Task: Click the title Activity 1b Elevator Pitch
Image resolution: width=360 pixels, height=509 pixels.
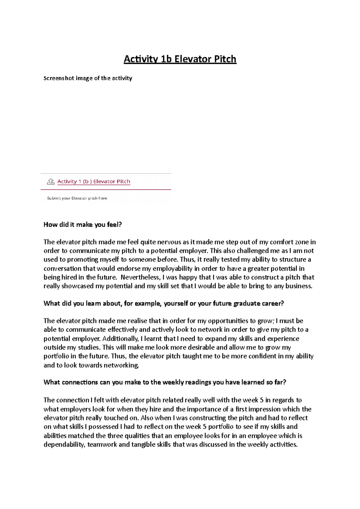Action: pyautogui.click(x=180, y=59)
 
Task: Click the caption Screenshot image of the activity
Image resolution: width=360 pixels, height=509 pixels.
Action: pyautogui.click(x=88, y=78)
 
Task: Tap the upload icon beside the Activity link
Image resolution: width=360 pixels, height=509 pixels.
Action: pyautogui.click(x=51, y=181)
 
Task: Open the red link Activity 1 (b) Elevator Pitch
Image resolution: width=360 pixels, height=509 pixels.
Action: pyautogui.click(x=94, y=181)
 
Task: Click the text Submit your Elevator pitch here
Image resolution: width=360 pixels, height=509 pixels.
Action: pyautogui.click(x=77, y=198)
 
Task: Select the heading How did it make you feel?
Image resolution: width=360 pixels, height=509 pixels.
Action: pyautogui.click(x=82, y=225)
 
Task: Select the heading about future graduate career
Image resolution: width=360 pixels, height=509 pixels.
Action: pyautogui.click(x=163, y=303)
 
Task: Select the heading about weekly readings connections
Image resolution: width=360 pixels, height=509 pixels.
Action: pyautogui.click(x=165, y=382)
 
